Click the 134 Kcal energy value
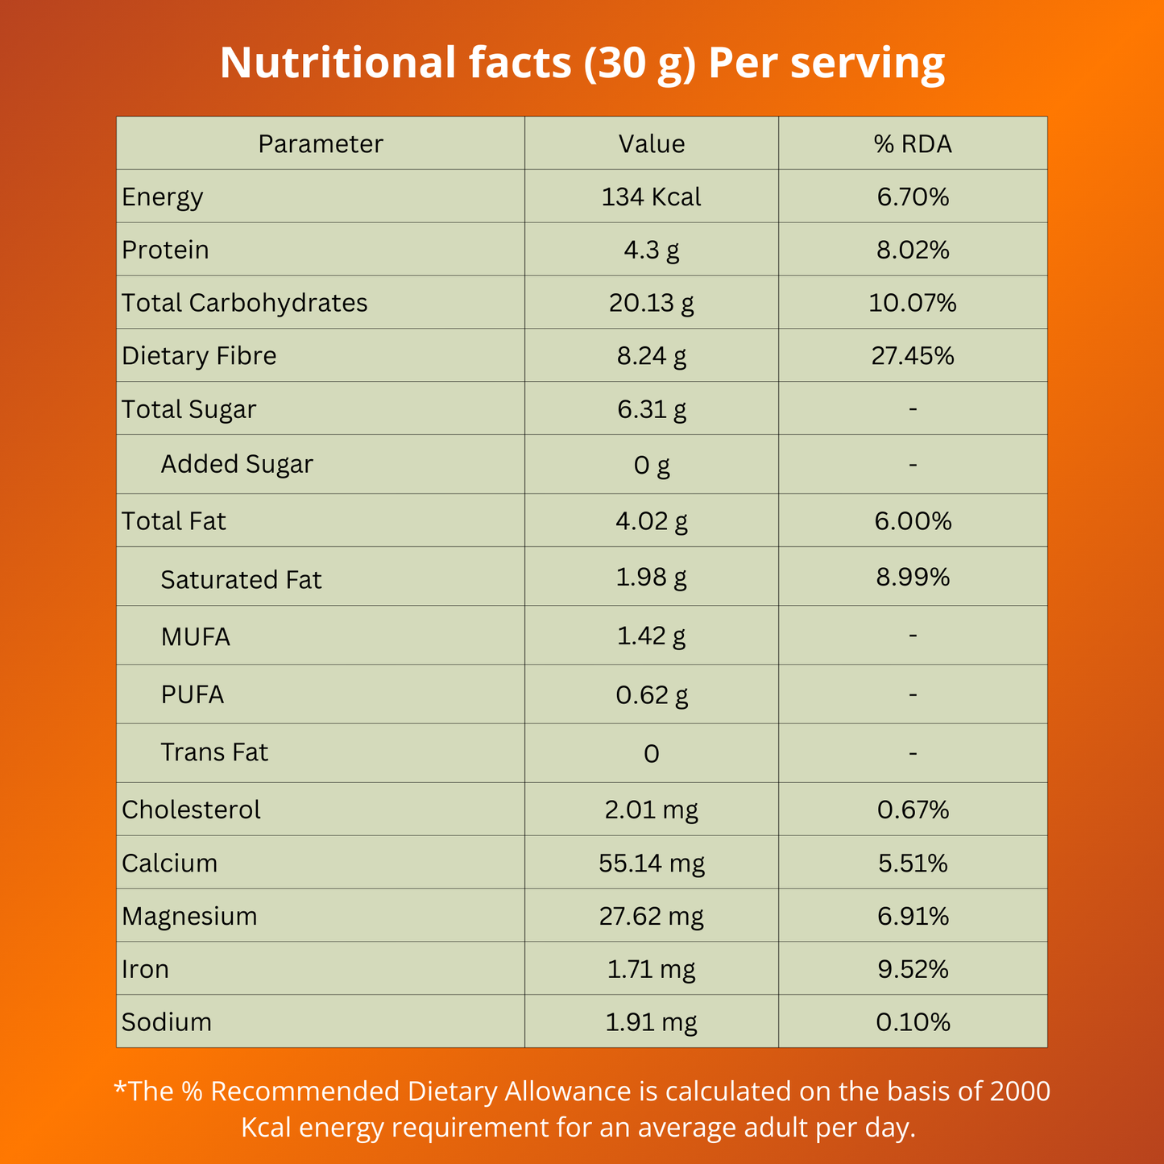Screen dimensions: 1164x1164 [x=651, y=197]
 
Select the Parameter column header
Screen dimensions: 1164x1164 [x=321, y=143]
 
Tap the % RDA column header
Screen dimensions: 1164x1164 [x=913, y=143]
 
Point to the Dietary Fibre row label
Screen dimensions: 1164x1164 [x=199, y=355]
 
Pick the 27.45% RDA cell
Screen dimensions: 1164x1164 [x=913, y=355]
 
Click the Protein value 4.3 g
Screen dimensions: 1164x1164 [x=651, y=250]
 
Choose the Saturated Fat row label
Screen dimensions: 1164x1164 [x=241, y=579]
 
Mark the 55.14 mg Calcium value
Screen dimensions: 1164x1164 [x=651, y=863]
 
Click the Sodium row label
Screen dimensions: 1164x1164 [x=167, y=1021]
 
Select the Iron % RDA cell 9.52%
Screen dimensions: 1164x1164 [x=913, y=969]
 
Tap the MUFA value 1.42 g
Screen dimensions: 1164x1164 [x=651, y=636]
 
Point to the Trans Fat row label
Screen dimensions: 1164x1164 [x=214, y=752]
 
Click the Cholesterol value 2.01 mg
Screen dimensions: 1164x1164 [x=651, y=809]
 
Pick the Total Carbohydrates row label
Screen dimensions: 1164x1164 [x=244, y=303]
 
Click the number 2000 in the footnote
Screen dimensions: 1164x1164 [x=1020, y=1091]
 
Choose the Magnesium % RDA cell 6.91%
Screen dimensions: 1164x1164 [x=913, y=916]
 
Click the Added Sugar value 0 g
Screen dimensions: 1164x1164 [x=651, y=465]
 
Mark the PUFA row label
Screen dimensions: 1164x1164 [x=192, y=694]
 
